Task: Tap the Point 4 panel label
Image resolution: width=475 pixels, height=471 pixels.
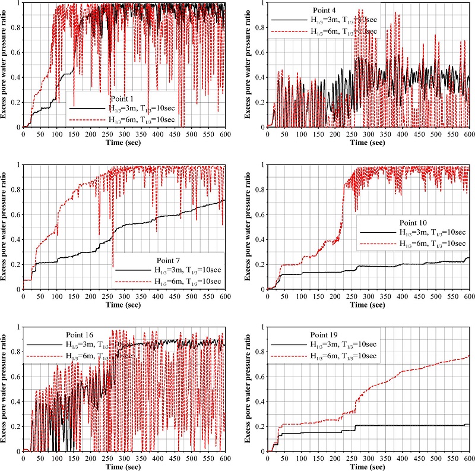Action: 326,10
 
